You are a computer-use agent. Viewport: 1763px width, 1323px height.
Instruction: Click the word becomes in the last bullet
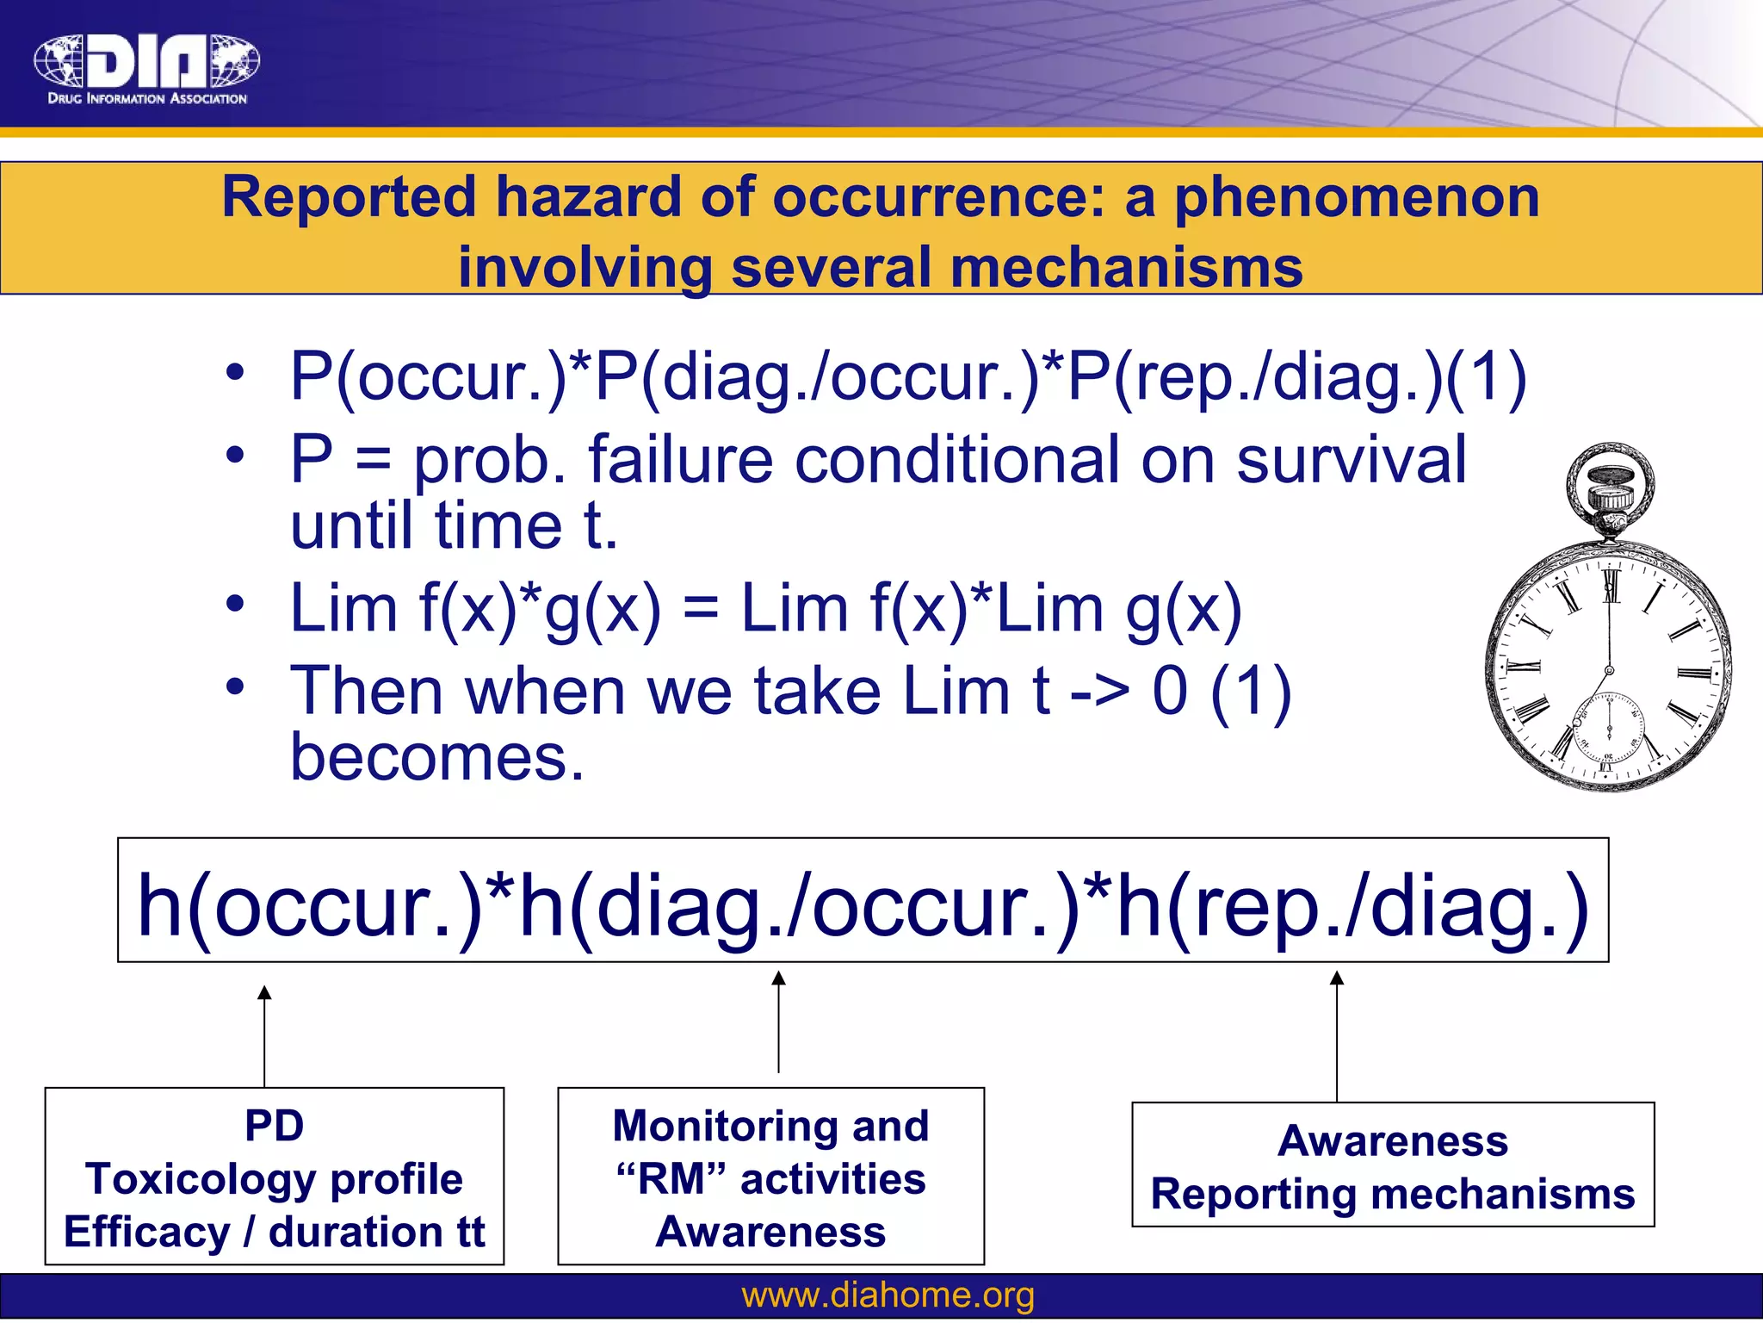coord(437,758)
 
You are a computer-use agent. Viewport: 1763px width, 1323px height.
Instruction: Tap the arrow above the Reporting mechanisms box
coord(1336,1035)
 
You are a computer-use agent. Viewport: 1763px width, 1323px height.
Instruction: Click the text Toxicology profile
coord(274,1179)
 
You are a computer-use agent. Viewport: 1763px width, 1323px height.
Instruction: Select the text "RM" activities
coord(770,1179)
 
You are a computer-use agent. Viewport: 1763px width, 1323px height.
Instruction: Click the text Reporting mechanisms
coord(1392,1195)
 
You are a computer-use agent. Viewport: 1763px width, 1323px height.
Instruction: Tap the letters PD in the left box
coord(274,1126)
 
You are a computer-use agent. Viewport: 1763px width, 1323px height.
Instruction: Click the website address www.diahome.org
coord(888,1295)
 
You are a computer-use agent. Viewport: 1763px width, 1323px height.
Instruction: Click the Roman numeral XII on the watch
coord(1611,587)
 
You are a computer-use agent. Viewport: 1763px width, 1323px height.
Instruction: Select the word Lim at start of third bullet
coord(343,609)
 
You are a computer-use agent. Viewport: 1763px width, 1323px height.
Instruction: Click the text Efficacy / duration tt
coord(274,1232)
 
